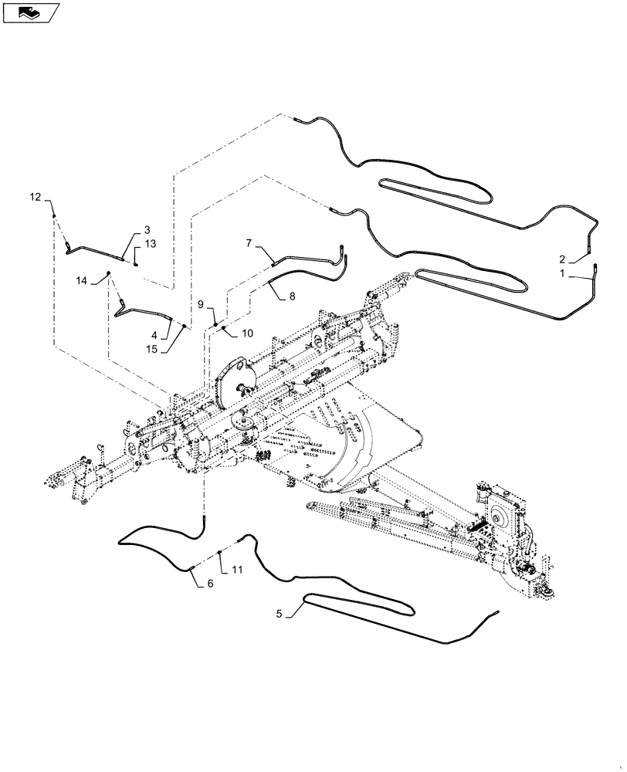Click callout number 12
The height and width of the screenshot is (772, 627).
36,198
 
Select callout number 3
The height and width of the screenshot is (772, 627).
146,229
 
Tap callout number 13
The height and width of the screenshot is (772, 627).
149,244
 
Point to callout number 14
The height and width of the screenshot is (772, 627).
82,281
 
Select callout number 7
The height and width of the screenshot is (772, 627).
249,243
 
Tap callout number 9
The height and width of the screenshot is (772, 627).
200,304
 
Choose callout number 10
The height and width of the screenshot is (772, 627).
247,333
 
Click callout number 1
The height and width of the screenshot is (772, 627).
563,273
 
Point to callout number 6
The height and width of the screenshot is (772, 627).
209,584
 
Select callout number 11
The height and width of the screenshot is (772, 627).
236,571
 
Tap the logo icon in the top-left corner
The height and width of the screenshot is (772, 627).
31,12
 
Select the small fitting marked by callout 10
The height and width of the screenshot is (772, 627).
223,328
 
